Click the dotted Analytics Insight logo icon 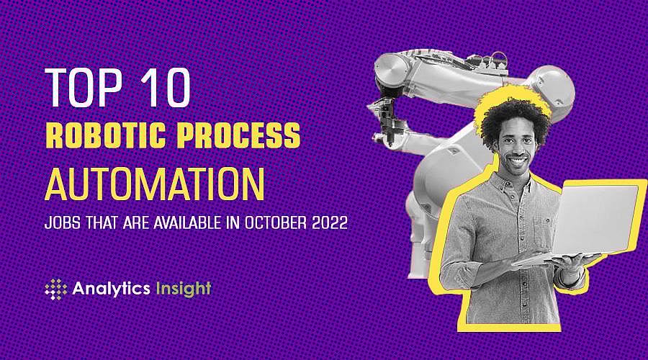[55, 289]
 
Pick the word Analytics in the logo [110, 289]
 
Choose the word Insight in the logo [182, 289]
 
